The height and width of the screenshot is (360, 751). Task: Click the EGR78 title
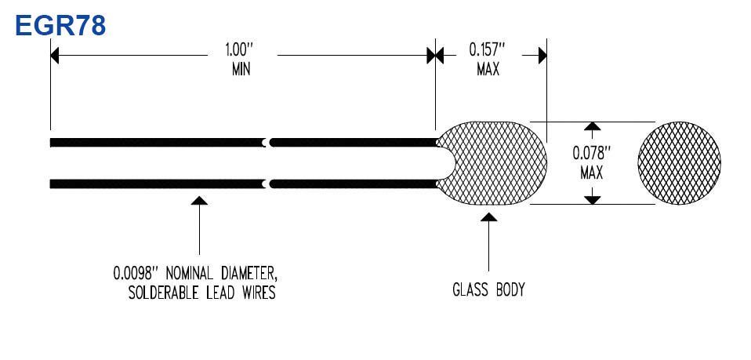coord(60,25)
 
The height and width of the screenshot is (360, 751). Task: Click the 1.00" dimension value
coord(239,49)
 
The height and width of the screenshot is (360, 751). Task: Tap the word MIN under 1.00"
coord(241,70)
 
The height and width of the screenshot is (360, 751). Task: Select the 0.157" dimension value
coord(487,49)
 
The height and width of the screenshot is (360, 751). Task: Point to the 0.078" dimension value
coord(592,154)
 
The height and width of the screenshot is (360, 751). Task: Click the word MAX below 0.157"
coord(488,70)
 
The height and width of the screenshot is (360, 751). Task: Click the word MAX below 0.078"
coord(592,173)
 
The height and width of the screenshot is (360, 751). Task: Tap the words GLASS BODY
coord(488,290)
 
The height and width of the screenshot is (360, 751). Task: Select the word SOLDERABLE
coord(164,293)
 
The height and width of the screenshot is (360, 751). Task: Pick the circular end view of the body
coord(679,163)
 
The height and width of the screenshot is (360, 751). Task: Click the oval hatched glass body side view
coord(492,163)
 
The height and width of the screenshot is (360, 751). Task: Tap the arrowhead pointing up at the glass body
coord(488,217)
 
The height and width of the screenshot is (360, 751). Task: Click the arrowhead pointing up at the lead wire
coord(199,200)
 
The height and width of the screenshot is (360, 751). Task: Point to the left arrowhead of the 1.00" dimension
coord(55,56)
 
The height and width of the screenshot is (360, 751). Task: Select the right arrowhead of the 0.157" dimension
coord(542,56)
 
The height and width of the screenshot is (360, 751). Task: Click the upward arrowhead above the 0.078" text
coord(593,126)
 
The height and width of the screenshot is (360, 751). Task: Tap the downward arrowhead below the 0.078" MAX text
coord(593,200)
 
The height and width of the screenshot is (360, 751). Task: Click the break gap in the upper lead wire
coord(268,143)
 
